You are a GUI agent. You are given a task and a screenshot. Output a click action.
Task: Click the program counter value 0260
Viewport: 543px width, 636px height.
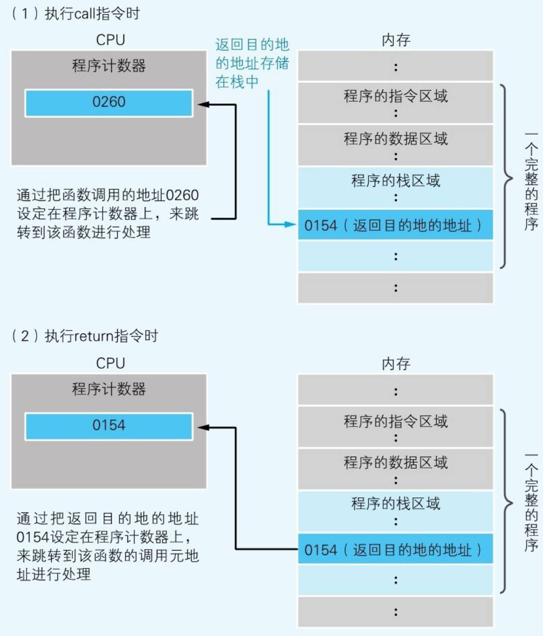pos(109,102)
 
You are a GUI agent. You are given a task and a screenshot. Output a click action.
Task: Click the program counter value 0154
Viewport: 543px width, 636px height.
pos(109,426)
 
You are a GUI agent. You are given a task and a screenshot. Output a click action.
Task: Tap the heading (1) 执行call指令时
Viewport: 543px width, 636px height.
pos(75,14)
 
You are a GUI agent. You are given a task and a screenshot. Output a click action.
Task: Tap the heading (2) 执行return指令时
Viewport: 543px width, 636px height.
pos(84,336)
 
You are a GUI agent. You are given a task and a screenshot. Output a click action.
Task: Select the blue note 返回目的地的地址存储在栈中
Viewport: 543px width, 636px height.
pos(252,63)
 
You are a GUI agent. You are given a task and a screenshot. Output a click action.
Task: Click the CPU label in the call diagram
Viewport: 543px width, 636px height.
pos(110,40)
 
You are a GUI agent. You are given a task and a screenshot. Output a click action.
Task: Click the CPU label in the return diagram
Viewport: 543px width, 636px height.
pos(110,363)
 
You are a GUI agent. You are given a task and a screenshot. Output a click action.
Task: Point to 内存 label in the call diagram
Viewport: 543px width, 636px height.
pos(396,40)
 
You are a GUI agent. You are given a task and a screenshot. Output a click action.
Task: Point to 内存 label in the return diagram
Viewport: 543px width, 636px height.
pos(396,364)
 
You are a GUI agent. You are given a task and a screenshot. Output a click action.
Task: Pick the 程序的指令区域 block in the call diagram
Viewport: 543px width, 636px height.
pos(396,102)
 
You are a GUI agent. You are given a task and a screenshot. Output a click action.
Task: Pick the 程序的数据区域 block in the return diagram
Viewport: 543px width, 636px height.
pos(396,469)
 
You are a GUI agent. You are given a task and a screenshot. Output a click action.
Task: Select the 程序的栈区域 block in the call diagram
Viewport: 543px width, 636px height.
pos(396,187)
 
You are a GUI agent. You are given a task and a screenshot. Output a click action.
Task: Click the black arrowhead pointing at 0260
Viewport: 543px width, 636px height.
pos(203,104)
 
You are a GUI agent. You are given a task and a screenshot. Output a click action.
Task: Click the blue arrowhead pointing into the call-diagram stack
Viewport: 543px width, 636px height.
pos(291,224)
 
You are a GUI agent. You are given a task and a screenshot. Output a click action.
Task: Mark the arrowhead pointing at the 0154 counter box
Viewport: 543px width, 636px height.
pos(203,428)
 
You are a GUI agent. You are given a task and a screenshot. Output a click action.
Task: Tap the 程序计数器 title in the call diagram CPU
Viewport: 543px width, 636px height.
pos(109,66)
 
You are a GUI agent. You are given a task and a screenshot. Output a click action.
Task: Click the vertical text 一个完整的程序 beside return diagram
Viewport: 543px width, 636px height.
pos(531,502)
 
